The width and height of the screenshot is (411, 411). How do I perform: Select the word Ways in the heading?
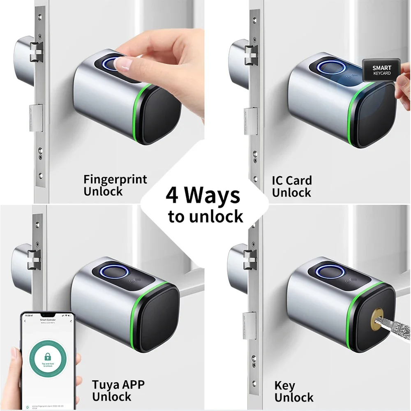212,196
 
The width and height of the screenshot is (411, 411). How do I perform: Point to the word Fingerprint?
115,180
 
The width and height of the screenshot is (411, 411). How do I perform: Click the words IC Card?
292,180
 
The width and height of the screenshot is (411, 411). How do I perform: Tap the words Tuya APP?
118,385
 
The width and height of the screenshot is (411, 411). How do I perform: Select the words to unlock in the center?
205,216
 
